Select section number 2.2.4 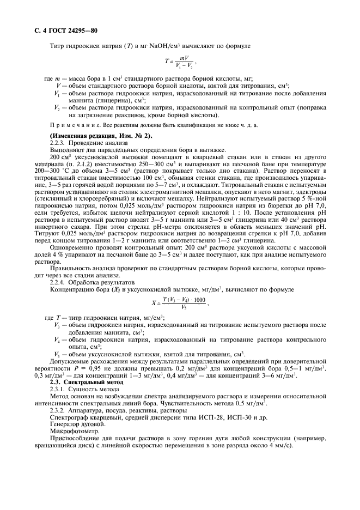point(57,283)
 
